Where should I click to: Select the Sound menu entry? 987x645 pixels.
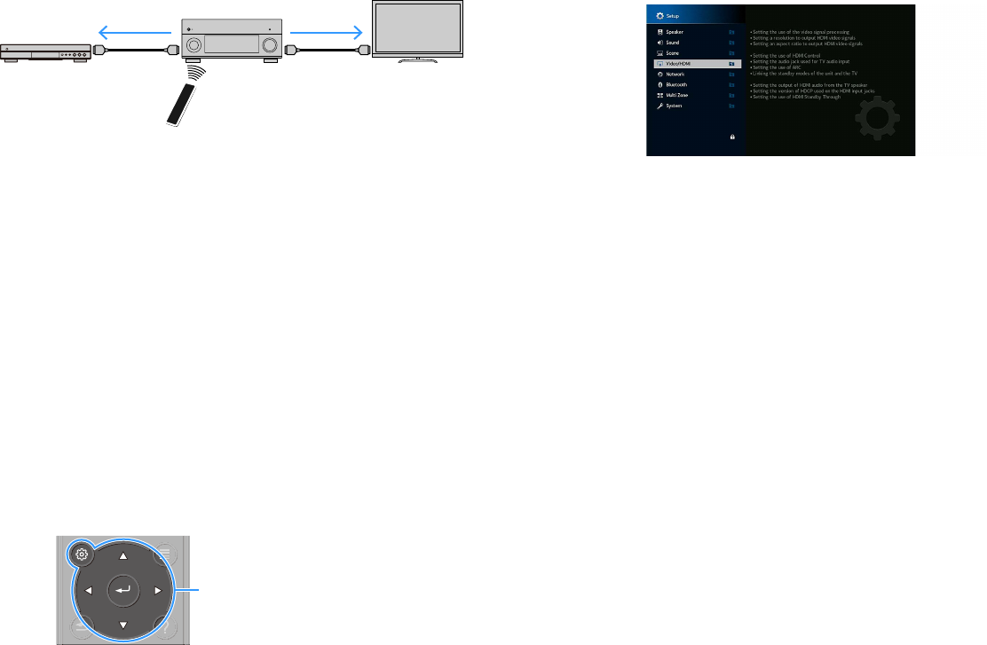click(x=674, y=43)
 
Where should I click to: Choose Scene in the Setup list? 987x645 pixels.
click(x=674, y=53)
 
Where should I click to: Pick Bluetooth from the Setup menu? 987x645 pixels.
click(x=677, y=85)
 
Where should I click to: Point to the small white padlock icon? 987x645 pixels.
click(x=732, y=138)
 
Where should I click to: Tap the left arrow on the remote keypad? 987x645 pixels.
click(x=89, y=589)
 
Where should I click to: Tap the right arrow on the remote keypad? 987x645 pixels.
click(x=157, y=589)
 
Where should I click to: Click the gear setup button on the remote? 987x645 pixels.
click(x=82, y=554)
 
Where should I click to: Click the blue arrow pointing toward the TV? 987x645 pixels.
click(x=326, y=33)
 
